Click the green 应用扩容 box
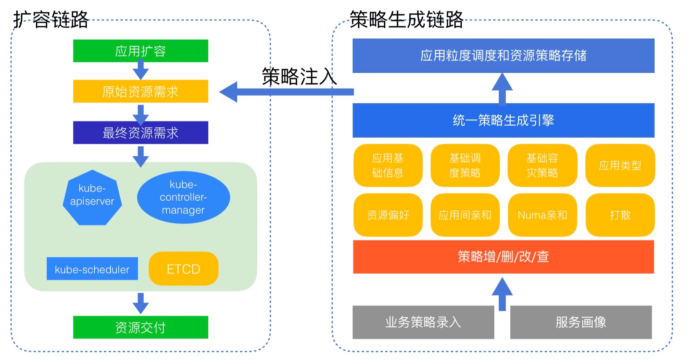[x=140, y=51]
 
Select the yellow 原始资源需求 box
[x=140, y=91]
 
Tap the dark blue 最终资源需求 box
[x=140, y=133]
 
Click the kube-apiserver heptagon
[x=92, y=197]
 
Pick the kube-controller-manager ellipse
[x=183, y=197]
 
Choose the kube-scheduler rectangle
[x=92, y=269]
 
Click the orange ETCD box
[x=183, y=269]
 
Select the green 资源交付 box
[x=140, y=327]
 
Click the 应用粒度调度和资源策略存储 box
[x=503, y=56]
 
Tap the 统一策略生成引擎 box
[x=503, y=120]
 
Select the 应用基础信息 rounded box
[x=388, y=165]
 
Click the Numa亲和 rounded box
[x=542, y=215]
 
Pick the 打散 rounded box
[x=620, y=215]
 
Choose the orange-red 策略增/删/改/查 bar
[x=503, y=257]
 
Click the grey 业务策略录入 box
[x=423, y=322]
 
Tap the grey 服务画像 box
[x=581, y=322]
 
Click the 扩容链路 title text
[x=51, y=20]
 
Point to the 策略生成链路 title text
[x=406, y=20]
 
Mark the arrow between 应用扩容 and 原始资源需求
[x=140, y=70]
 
